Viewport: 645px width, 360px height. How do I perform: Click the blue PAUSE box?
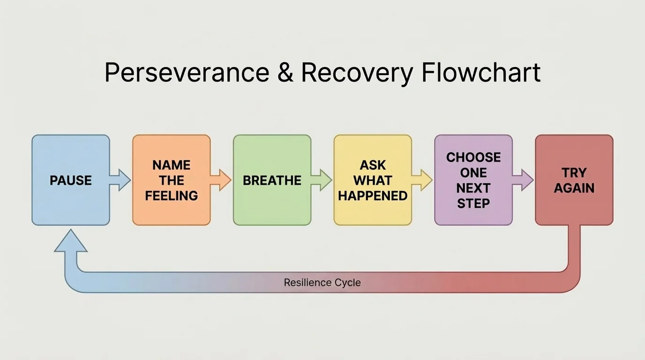point(71,180)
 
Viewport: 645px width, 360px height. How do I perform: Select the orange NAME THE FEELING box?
point(171,180)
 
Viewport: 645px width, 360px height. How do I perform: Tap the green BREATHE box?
point(272,180)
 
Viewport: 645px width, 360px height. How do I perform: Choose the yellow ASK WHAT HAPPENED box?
point(373,180)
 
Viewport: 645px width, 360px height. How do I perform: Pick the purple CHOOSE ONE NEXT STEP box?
point(473,180)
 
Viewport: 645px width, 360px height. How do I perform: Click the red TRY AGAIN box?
point(574,180)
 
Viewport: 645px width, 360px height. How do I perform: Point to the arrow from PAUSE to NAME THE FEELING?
point(121,180)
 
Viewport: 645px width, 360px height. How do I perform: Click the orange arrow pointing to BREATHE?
point(221,180)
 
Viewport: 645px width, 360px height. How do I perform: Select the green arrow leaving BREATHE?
point(322,180)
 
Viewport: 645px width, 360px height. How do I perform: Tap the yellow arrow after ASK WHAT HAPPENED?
point(422,180)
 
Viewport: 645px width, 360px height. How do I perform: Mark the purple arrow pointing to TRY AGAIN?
point(523,180)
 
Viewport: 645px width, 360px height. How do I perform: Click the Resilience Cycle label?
point(322,283)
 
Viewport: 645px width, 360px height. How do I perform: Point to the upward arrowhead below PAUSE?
point(71,241)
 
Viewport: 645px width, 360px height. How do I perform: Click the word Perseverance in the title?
point(187,73)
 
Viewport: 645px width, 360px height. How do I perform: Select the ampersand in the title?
point(285,73)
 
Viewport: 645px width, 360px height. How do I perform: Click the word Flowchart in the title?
point(481,73)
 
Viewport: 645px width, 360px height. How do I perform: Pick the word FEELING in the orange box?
point(171,195)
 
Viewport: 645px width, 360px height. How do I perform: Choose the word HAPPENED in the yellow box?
point(373,195)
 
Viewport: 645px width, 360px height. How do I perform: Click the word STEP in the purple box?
point(473,203)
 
